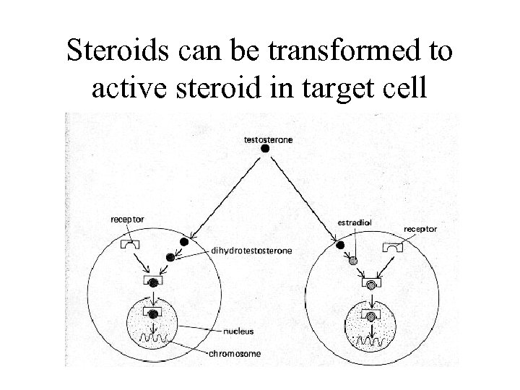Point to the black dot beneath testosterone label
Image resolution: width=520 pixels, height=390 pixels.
[x=265, y=148]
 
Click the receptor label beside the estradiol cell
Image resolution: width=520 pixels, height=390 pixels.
[x=422, y=230]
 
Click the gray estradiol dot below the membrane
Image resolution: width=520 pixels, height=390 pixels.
[x=354, y=260]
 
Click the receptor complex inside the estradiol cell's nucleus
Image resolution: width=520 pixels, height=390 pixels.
[x=370, y=316]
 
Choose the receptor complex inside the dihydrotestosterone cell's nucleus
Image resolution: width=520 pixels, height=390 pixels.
[x=153, y=313]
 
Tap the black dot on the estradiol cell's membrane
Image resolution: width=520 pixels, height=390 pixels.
[x=340, y=246]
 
